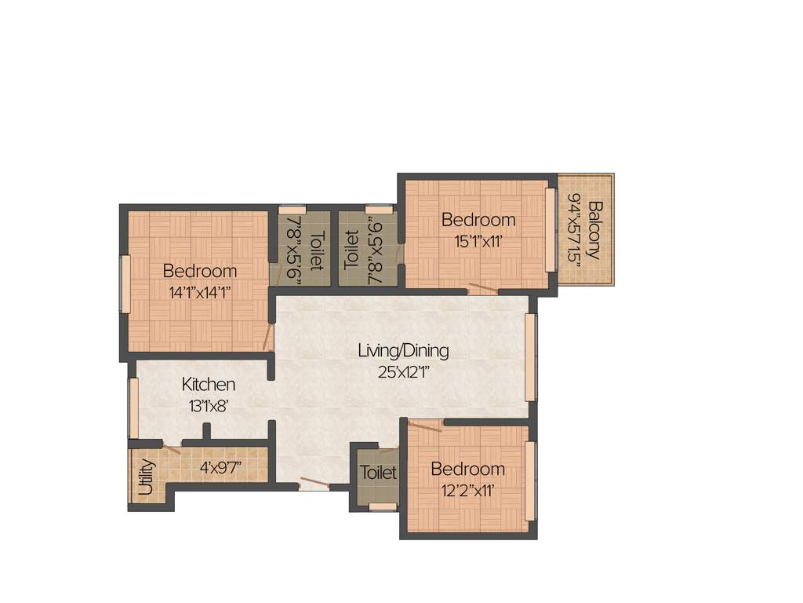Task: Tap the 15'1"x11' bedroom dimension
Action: [478, 242]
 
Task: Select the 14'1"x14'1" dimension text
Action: [200, 293]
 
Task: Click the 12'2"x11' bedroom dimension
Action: [468, 492]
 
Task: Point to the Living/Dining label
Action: [403, 350]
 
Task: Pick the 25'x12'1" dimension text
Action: [403, 372]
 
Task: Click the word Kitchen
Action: [209, 385]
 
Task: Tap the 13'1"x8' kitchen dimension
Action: [208, 406]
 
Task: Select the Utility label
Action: [146, 477]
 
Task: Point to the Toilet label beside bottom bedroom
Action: [378, 473]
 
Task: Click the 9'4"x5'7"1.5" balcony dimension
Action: [575, 230]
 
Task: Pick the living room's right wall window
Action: [531, 357]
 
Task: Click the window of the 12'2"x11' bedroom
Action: [531, 481]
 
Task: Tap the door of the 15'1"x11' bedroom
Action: [482, 288]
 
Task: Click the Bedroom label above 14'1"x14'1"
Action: [200, 271]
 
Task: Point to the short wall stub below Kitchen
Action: [207, 432]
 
